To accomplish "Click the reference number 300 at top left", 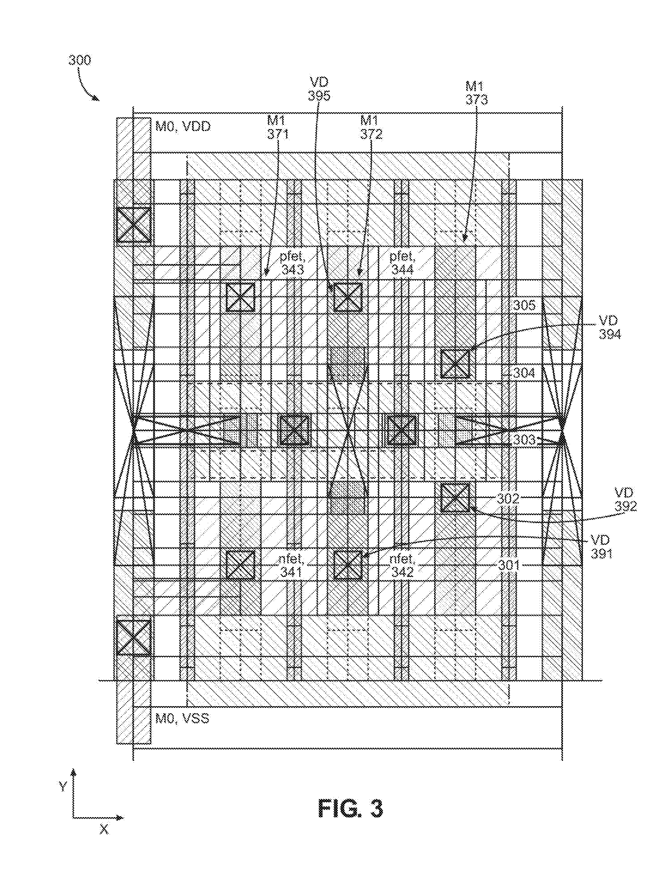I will point(80,60).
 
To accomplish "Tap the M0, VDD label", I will point(183,127).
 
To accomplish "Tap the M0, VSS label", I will point(182,718).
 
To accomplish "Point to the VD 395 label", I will point(319,89).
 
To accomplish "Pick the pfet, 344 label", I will point(402,263).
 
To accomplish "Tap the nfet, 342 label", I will point(402,565).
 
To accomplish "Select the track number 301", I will point(509,565).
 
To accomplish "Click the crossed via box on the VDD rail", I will point(133,225).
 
